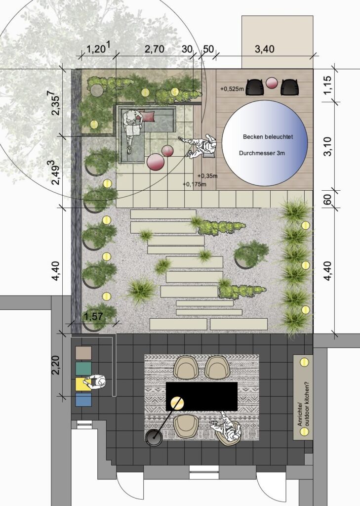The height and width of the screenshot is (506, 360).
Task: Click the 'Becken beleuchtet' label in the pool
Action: tap(268, 137)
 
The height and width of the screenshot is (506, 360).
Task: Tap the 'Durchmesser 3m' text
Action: tap(262, 153)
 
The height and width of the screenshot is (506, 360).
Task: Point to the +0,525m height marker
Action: tap(232, 88)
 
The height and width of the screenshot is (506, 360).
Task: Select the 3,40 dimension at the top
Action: tap(264, 49)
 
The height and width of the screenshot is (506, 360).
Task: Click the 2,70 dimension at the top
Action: tap(154, 49)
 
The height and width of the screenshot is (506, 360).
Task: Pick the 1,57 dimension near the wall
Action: tap(93, 317)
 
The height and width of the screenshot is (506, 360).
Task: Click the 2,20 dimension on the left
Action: tap(55, 365)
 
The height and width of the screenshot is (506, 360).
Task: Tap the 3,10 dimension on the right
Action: tap(327, 146)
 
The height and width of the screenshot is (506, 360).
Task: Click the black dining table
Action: tap(201, 396)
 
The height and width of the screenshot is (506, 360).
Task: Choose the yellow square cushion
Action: tap(83, 384)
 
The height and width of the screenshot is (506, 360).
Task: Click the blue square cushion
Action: tap(83, 399)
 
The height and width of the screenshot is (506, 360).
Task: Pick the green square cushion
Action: tap(83, 369)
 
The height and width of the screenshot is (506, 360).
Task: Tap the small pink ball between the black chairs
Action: tap(272, 83)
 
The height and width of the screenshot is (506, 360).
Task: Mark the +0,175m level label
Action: tap(194, 184)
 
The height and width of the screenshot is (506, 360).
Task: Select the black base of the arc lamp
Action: tap(154, 438)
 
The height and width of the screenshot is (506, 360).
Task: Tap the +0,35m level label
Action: tap(208, 176)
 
